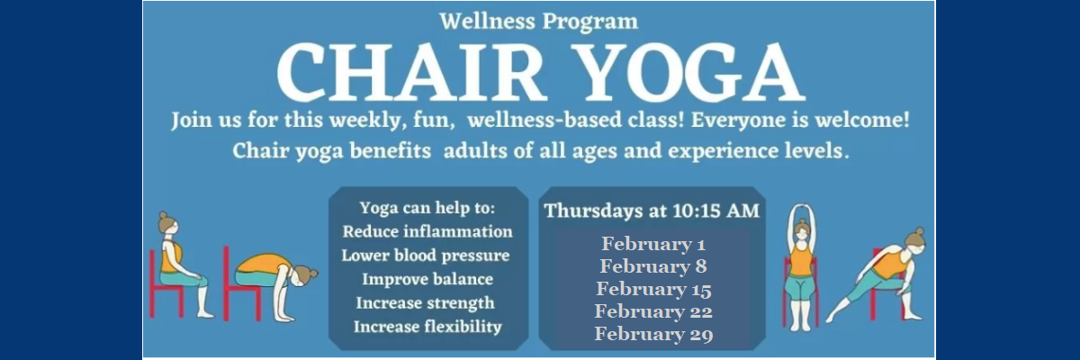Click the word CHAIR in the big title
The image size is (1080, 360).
coord(409,72)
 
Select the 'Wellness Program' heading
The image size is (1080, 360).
coord(538,22)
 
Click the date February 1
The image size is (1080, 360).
coord(653,244)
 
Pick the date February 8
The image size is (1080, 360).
coord(653,266)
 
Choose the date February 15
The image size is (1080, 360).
coord(653,289)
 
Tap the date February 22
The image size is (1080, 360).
coord(653,311)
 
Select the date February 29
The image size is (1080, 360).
coord(653,334)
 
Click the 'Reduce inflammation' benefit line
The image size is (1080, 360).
coord(427,232)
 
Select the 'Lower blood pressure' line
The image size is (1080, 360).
coord(425,256)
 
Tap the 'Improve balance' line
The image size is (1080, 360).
coord(427,280)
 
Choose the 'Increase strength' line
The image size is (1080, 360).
coord(425,303)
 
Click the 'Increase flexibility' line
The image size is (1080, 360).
coord(427,328)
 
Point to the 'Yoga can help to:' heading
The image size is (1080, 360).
coord(427,208)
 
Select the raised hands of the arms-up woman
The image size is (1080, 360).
coord(801,210)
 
